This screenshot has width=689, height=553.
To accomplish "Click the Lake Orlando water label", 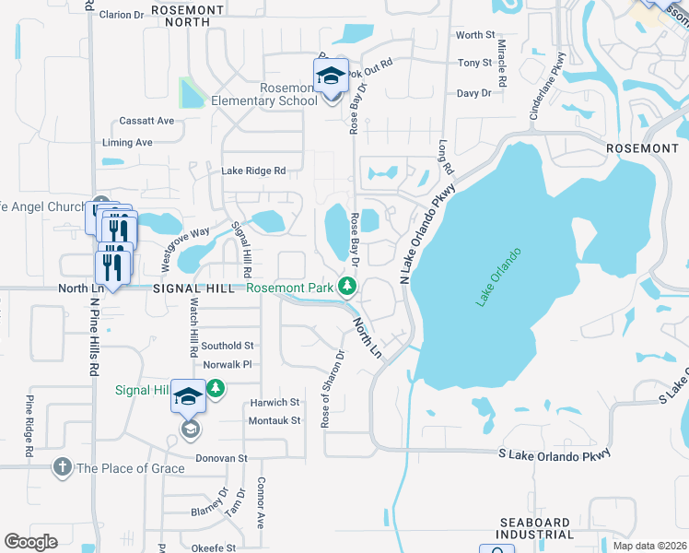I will [x=498, y=277].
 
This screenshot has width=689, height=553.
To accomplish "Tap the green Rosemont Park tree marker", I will [x=347, y=288].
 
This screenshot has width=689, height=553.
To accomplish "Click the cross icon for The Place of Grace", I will [x=63, y=467].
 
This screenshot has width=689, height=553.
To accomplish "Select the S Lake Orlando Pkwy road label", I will [x=555, y=454].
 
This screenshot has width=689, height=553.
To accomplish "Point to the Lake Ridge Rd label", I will [x=253, y=171].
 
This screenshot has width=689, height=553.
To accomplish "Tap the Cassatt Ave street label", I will [x=146, y=121].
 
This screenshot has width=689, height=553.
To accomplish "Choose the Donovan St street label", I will [x=221, y=458].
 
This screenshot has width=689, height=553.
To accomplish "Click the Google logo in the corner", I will [x=30, y=542].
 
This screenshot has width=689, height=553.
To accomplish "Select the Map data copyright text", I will [x=649, y=546].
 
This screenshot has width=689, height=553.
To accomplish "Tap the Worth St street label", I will [x=475, y=35].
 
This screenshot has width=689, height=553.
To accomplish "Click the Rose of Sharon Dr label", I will [x=333, y=388].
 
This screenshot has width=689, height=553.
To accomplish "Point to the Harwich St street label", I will [x=275, y=403].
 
